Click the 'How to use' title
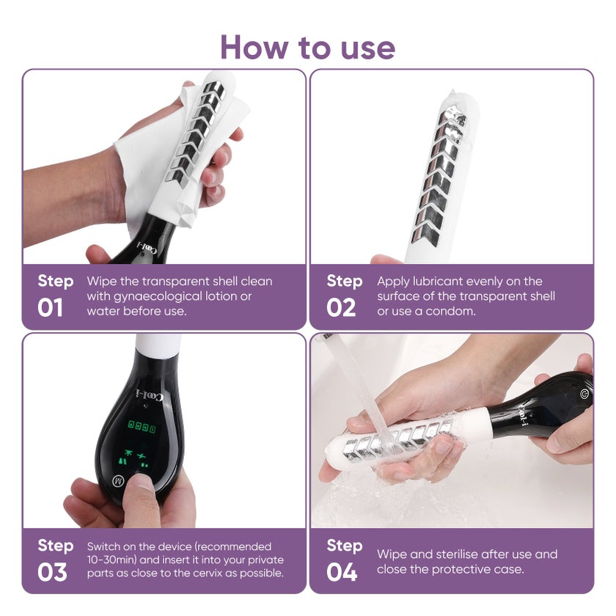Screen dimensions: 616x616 pyautogui.click(x=307, y=48)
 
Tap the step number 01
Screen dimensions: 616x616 pyautogui.click(x=50, y=307)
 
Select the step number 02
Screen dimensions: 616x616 pyautogui.click(x=341, y=307)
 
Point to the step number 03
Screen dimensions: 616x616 pyautogui.click(x=52, y=572)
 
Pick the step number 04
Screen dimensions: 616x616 pyautogui.click(x=342, y=572)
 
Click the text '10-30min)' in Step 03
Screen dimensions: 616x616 pyautogui.click(x=111, y=560)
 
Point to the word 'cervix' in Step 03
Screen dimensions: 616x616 pyautogui.click(x=210, y=573)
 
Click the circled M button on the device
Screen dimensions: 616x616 pyautogui.click(x=118, y=480)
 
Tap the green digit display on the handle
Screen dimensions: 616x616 pyautogui.click(x=142, y=426)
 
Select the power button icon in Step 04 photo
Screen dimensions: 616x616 pyautogui.click(x=584, y=393)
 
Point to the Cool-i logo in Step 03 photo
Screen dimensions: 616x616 pyautogui.click(x=150, y=395)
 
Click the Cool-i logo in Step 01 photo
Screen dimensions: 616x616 pyautogui.click(x=147, y=249)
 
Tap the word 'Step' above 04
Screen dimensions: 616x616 pyautogui.click(x=345, y=546)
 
